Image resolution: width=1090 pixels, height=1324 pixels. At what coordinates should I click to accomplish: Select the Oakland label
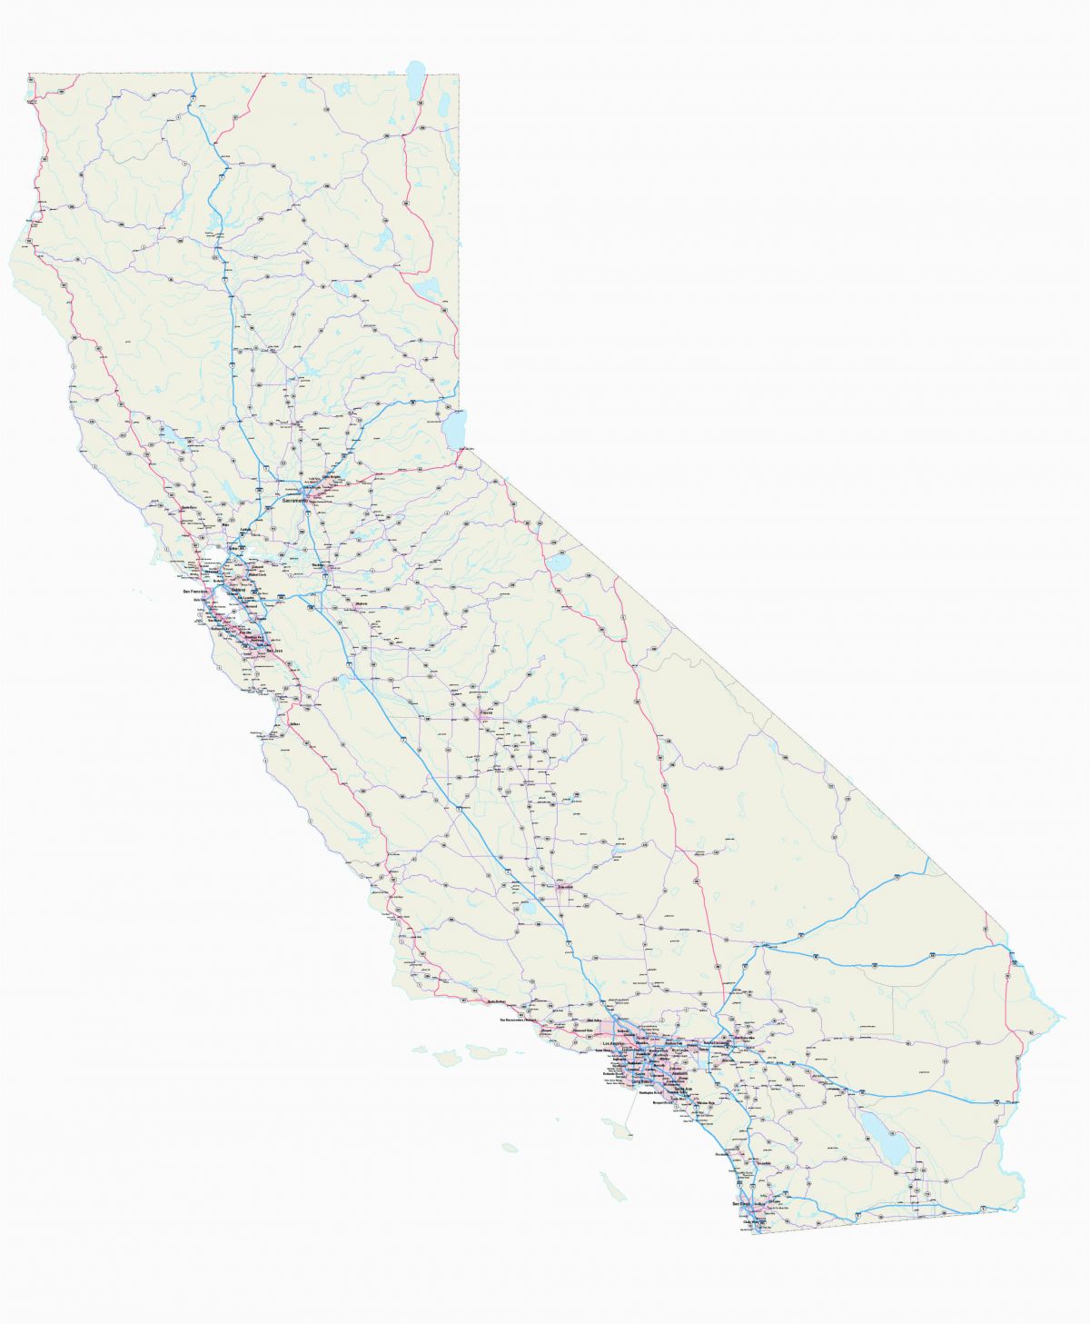click(x=239, y=590)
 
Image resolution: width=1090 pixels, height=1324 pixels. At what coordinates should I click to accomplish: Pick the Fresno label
click(x=487, y=713)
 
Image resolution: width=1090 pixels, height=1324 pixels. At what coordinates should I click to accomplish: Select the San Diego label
click(x=741, y=1204)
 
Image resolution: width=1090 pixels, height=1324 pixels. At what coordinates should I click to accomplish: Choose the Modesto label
click(x=361, y=603)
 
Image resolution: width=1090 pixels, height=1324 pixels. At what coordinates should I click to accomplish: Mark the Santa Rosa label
click(x=189, y=507)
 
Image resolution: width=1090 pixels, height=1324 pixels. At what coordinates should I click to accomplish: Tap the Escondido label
click(x=763, y=1163)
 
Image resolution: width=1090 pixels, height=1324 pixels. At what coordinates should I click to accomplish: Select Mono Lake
click(x=560, y=562)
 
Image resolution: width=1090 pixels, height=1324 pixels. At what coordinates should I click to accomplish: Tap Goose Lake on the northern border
click(x=416, y=77)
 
